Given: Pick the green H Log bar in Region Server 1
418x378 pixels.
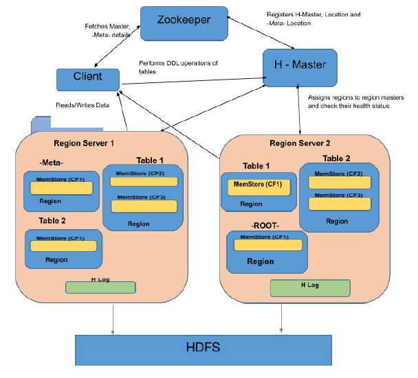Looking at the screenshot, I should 100,287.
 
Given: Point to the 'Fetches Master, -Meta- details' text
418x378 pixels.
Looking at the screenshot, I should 104,30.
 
